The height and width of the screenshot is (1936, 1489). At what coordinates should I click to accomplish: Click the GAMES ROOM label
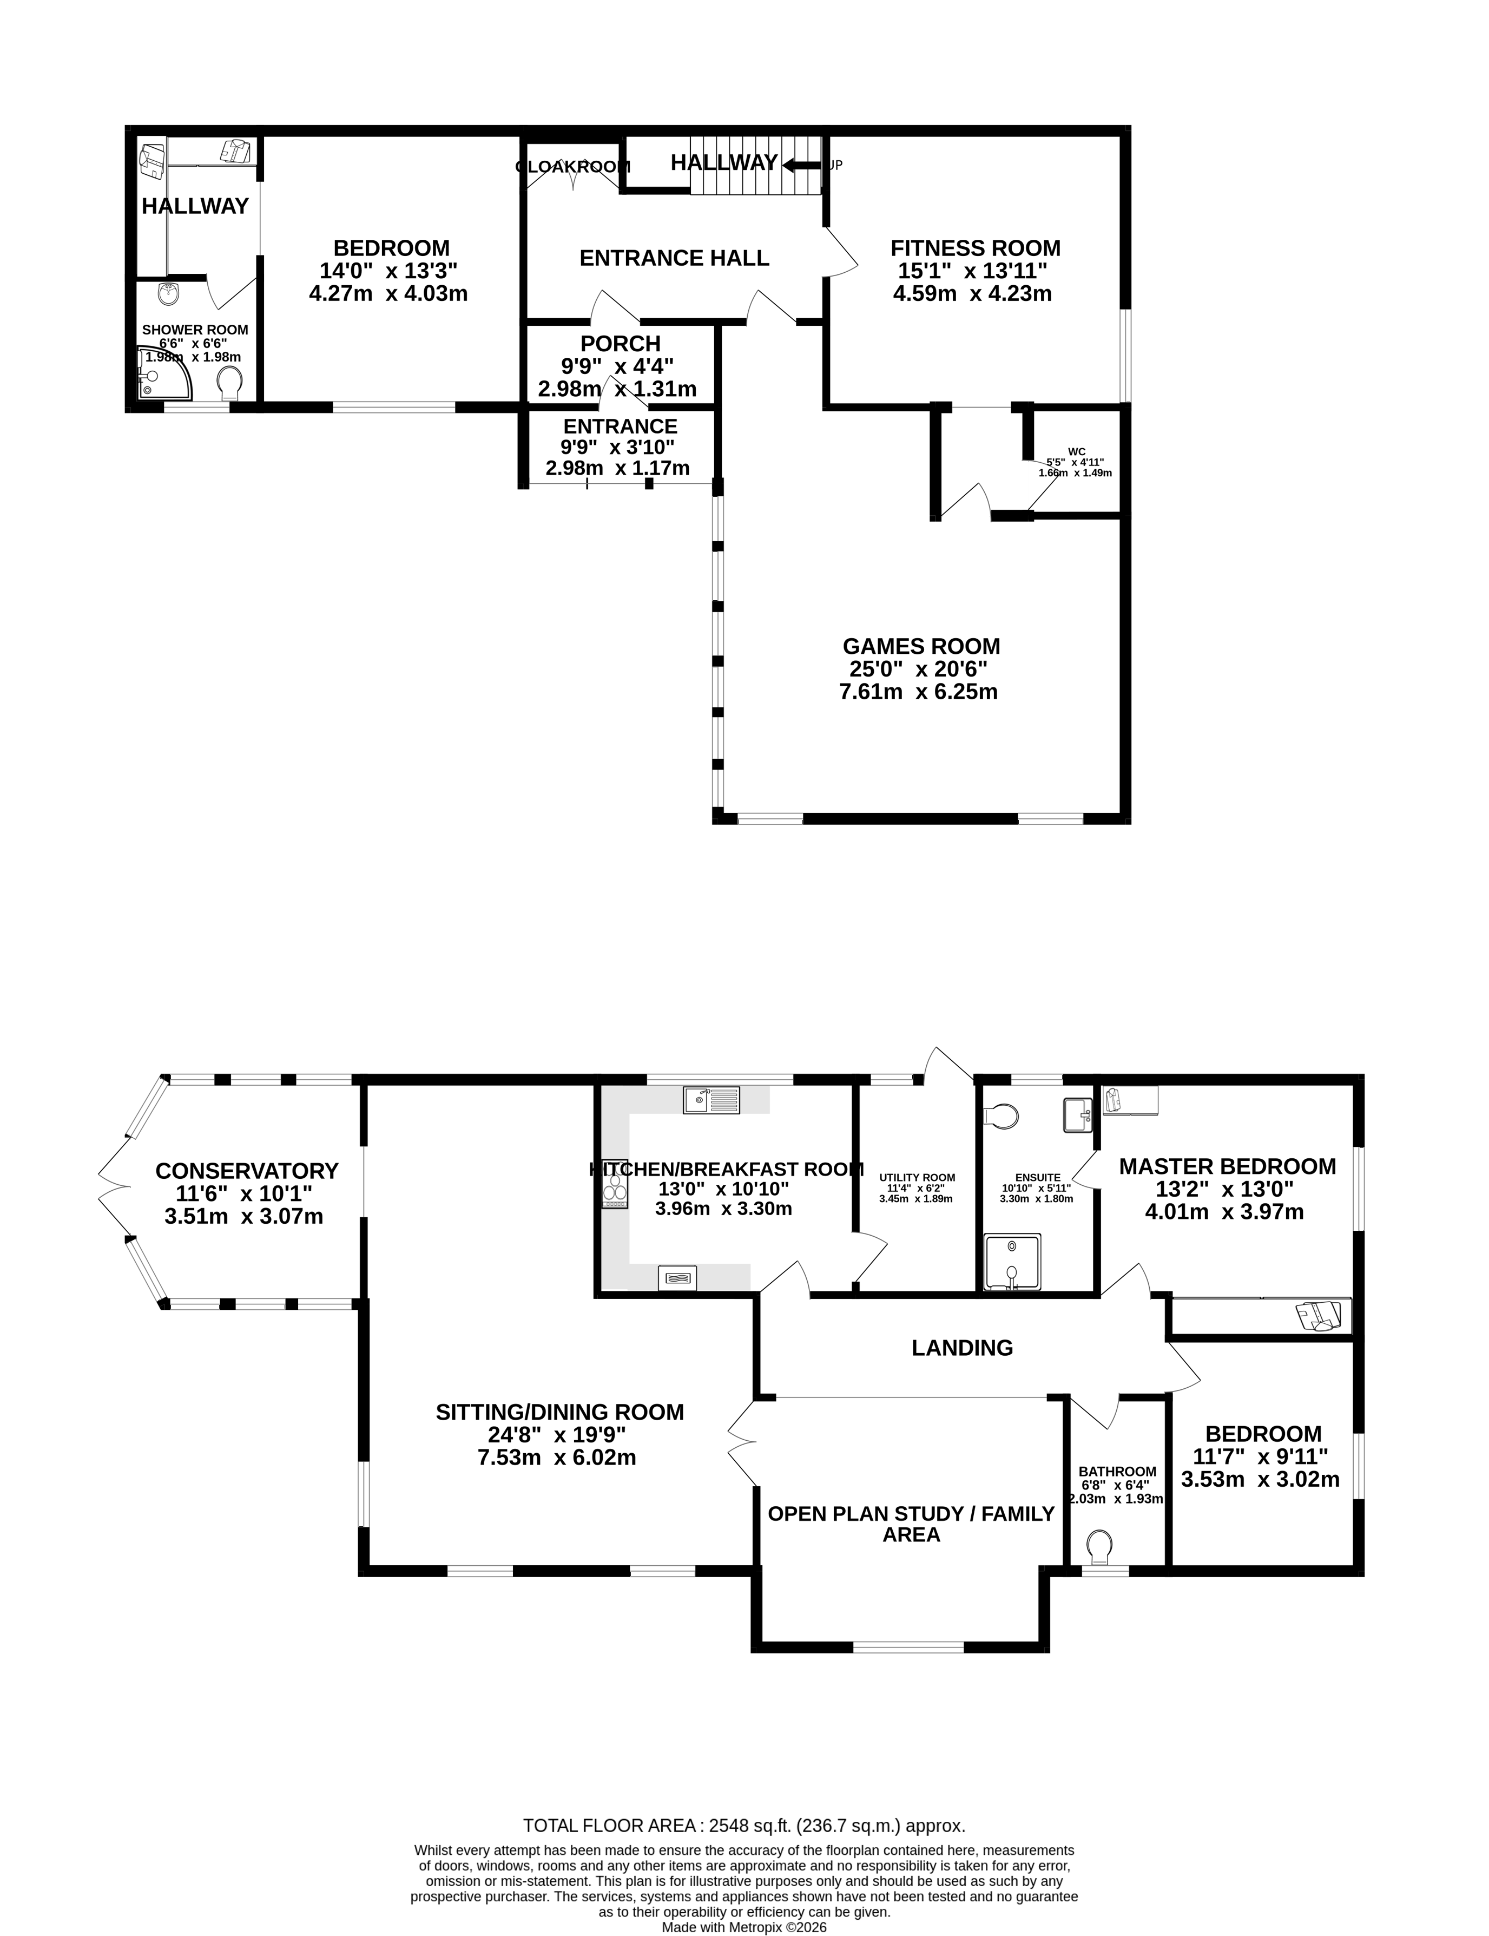click(x=921, y=646)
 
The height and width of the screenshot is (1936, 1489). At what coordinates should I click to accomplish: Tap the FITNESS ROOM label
click(x=975, y=248)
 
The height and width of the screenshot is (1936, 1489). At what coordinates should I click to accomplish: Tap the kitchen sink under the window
click(x=711, y=1100)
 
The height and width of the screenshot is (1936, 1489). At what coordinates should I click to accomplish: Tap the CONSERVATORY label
click(x=246, y=1171)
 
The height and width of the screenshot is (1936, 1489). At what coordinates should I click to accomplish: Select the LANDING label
click(x=961, y=1347)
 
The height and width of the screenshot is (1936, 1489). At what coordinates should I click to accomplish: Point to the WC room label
click(x=1076, y=451)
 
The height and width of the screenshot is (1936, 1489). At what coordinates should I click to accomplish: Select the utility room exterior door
click(x=946, y=1064)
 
